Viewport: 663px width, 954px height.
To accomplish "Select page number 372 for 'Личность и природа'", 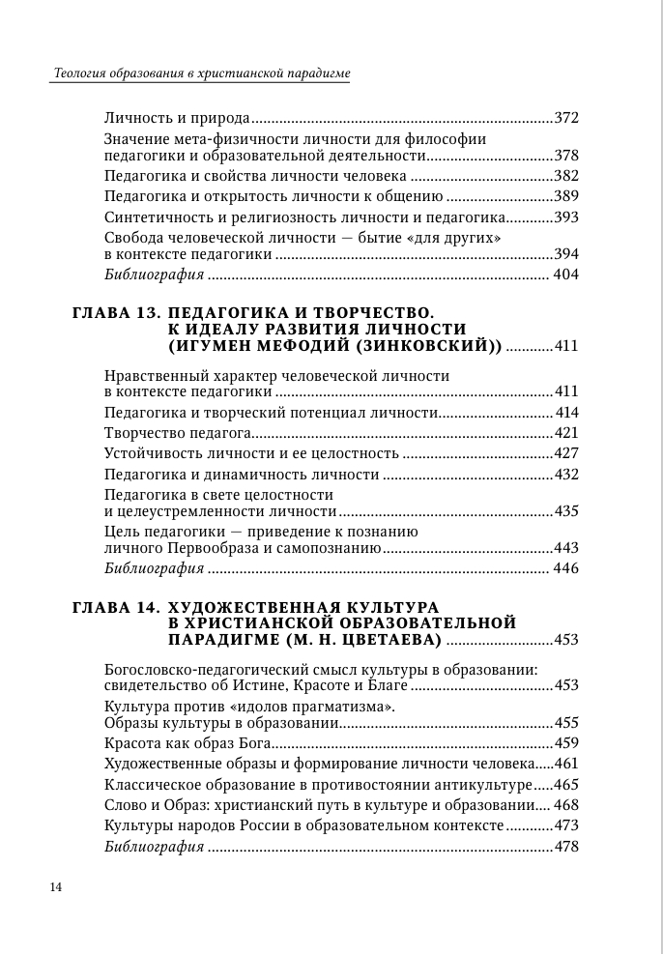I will click(566, 118).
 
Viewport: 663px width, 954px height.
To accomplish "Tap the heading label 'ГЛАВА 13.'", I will click(116, 313).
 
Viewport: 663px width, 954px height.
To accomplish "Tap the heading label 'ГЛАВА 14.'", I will click(116, 607).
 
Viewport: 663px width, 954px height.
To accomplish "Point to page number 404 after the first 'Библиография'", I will click(564, 275).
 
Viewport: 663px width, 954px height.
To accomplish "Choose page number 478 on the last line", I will click(566, 847).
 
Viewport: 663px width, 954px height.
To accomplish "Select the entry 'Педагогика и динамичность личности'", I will click(241, 474).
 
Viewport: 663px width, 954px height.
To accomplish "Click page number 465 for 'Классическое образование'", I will click(566, 784).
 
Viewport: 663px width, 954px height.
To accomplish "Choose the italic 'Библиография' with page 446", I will click(153, 567).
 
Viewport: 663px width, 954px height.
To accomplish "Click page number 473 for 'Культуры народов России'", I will click(566, 825).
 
